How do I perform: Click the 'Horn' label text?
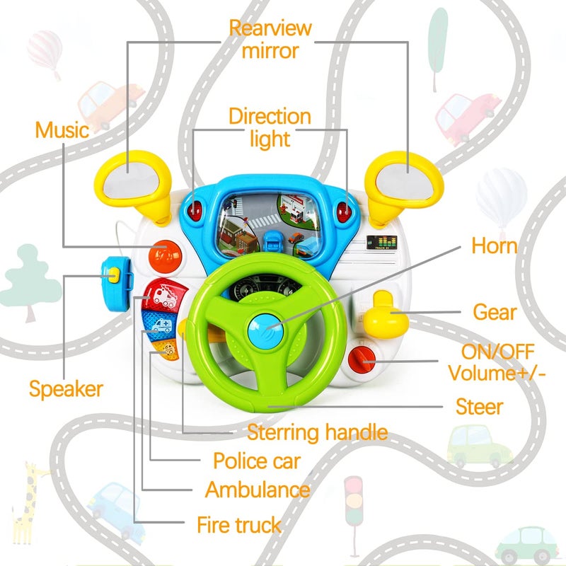click(x=495, y=246)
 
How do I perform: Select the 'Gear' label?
click(x=494, y=312)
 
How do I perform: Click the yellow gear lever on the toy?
click(x=382, y=316)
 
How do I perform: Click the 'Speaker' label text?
click(x=66, y=388)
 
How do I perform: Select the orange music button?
click(x=164, y=255)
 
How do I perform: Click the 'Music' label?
click(x=62, y=130)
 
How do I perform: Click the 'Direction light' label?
click(x=270, y=127)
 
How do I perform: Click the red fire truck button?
click(x=161, y=294)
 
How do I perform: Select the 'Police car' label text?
click(x=257, y=461)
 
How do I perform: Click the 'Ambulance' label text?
click(x=258, y=489)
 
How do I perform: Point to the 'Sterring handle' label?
click(x=317, y=432)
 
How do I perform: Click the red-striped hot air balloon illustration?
click(x=44, y=51)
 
